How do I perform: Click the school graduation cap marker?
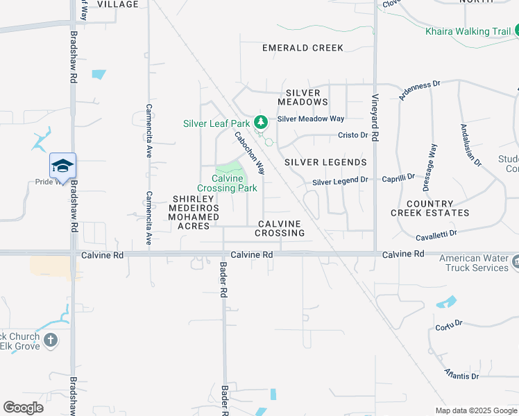[62, 166]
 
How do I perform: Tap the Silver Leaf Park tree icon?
[260, 123]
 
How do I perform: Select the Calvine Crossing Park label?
[227, 183]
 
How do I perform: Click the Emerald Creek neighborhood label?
[303, 48]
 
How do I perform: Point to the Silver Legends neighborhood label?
[325, 162]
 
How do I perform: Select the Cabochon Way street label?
[250, 153]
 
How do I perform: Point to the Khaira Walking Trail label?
[468, 31]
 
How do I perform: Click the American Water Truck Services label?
[474, 263]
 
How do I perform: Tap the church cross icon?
[50, 340]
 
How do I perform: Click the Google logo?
[23, 408]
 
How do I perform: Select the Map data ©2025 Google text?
[476, 410]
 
